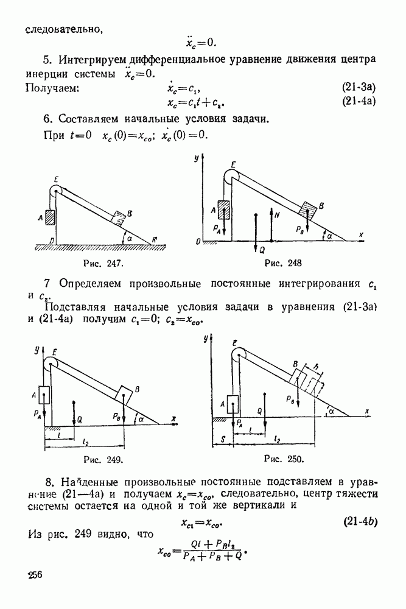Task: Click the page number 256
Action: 36,577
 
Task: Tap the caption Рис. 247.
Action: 104,264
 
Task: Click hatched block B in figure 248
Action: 308,209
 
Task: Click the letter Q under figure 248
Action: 262,249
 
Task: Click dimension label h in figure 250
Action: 316,365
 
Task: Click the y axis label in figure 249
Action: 37,349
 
